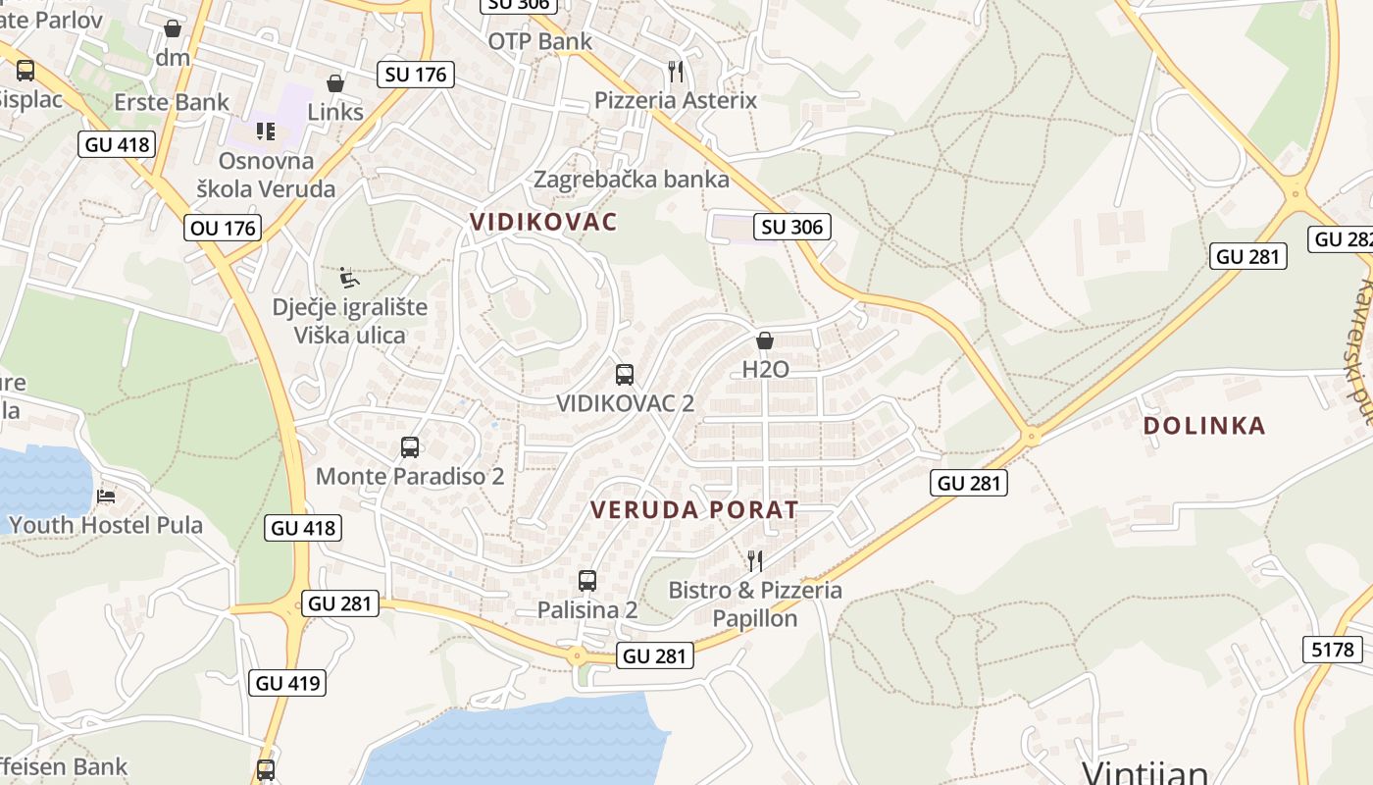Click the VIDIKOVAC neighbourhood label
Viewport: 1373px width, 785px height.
[543, 222]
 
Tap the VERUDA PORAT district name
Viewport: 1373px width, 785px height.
[694, 509]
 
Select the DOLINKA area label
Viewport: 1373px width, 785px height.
[1204, 426]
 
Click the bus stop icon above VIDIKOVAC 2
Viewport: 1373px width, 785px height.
[625, 374]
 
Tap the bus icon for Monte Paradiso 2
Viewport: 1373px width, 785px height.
[410, 447]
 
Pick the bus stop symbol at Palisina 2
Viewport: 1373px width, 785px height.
[587, 580]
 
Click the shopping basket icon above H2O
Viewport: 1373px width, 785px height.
[765, 340]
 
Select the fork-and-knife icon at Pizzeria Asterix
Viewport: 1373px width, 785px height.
[675, 71]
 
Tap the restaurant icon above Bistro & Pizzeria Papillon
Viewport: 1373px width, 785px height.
[755, 560]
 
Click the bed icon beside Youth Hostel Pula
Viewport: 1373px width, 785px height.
[106, 496]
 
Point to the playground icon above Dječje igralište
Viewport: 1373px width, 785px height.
[348, 278]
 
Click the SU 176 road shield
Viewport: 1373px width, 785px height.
[416, 74]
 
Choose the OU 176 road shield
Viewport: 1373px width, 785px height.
[222, 229]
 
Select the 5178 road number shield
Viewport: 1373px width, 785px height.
[1331, 649]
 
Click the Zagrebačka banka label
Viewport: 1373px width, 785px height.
[632, 180]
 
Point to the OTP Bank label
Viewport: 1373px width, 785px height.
[540, 41]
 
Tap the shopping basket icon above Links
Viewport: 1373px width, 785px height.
[335, 83]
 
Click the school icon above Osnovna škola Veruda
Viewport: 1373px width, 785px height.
[266, 131]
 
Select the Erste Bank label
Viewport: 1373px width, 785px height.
[172, 102]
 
